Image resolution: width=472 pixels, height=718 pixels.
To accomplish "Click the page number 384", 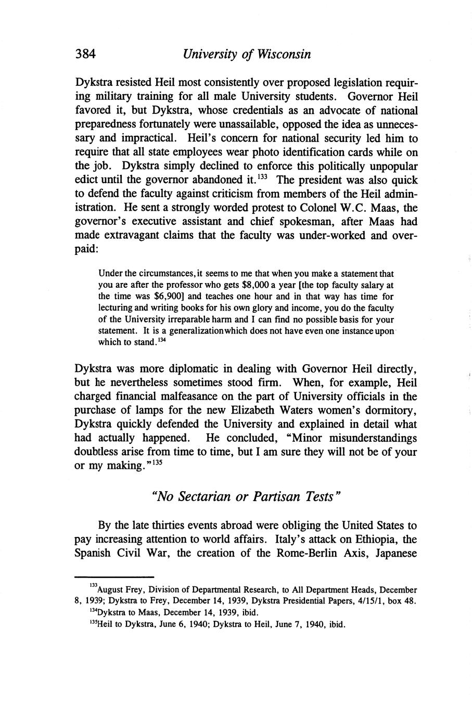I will tap(87, 54).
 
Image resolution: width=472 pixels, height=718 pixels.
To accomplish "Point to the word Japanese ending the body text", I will tap(391, 552).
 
